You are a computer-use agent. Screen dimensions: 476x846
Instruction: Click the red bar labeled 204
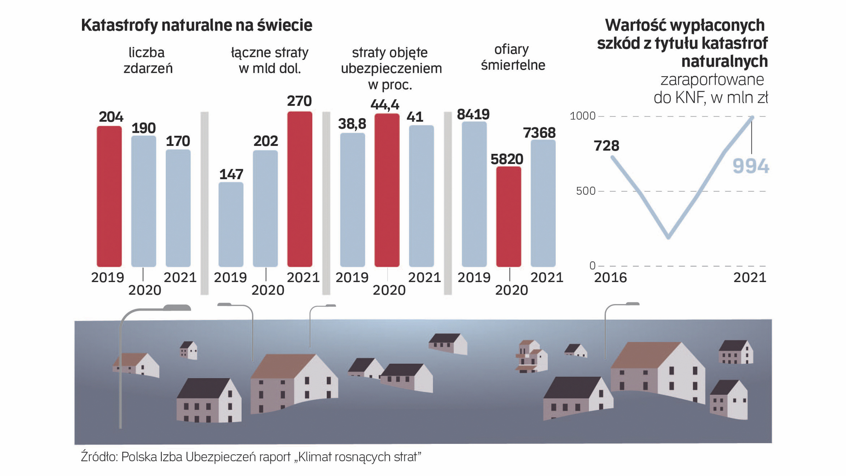(x=109, y=196)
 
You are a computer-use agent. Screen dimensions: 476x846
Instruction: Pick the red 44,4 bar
(x=387, y=190)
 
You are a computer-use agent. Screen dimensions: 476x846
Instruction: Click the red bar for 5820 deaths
(x=508, y=216)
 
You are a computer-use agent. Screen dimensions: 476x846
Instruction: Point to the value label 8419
(x=473, y=115)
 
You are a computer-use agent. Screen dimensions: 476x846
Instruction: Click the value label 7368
(x=539, y=133)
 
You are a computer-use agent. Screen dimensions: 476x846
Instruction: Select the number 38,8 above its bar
(x=352, y=124)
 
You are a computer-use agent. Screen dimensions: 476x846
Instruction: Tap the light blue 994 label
(x=751, y=166)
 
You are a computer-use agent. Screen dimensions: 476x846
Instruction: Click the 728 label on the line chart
(x=606, y=145)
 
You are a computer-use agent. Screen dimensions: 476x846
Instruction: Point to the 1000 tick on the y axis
(x=583, y=116)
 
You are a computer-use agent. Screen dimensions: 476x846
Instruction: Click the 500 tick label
(x=586, y=191)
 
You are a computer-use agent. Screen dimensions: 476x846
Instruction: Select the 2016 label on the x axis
(x=610, y=277)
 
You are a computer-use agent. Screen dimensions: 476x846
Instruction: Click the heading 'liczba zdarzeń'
(x=147, y=60)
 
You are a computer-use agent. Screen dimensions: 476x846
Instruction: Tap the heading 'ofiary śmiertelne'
(x=512, y=57)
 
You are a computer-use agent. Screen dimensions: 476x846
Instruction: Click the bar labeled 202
(x=265, y=208)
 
